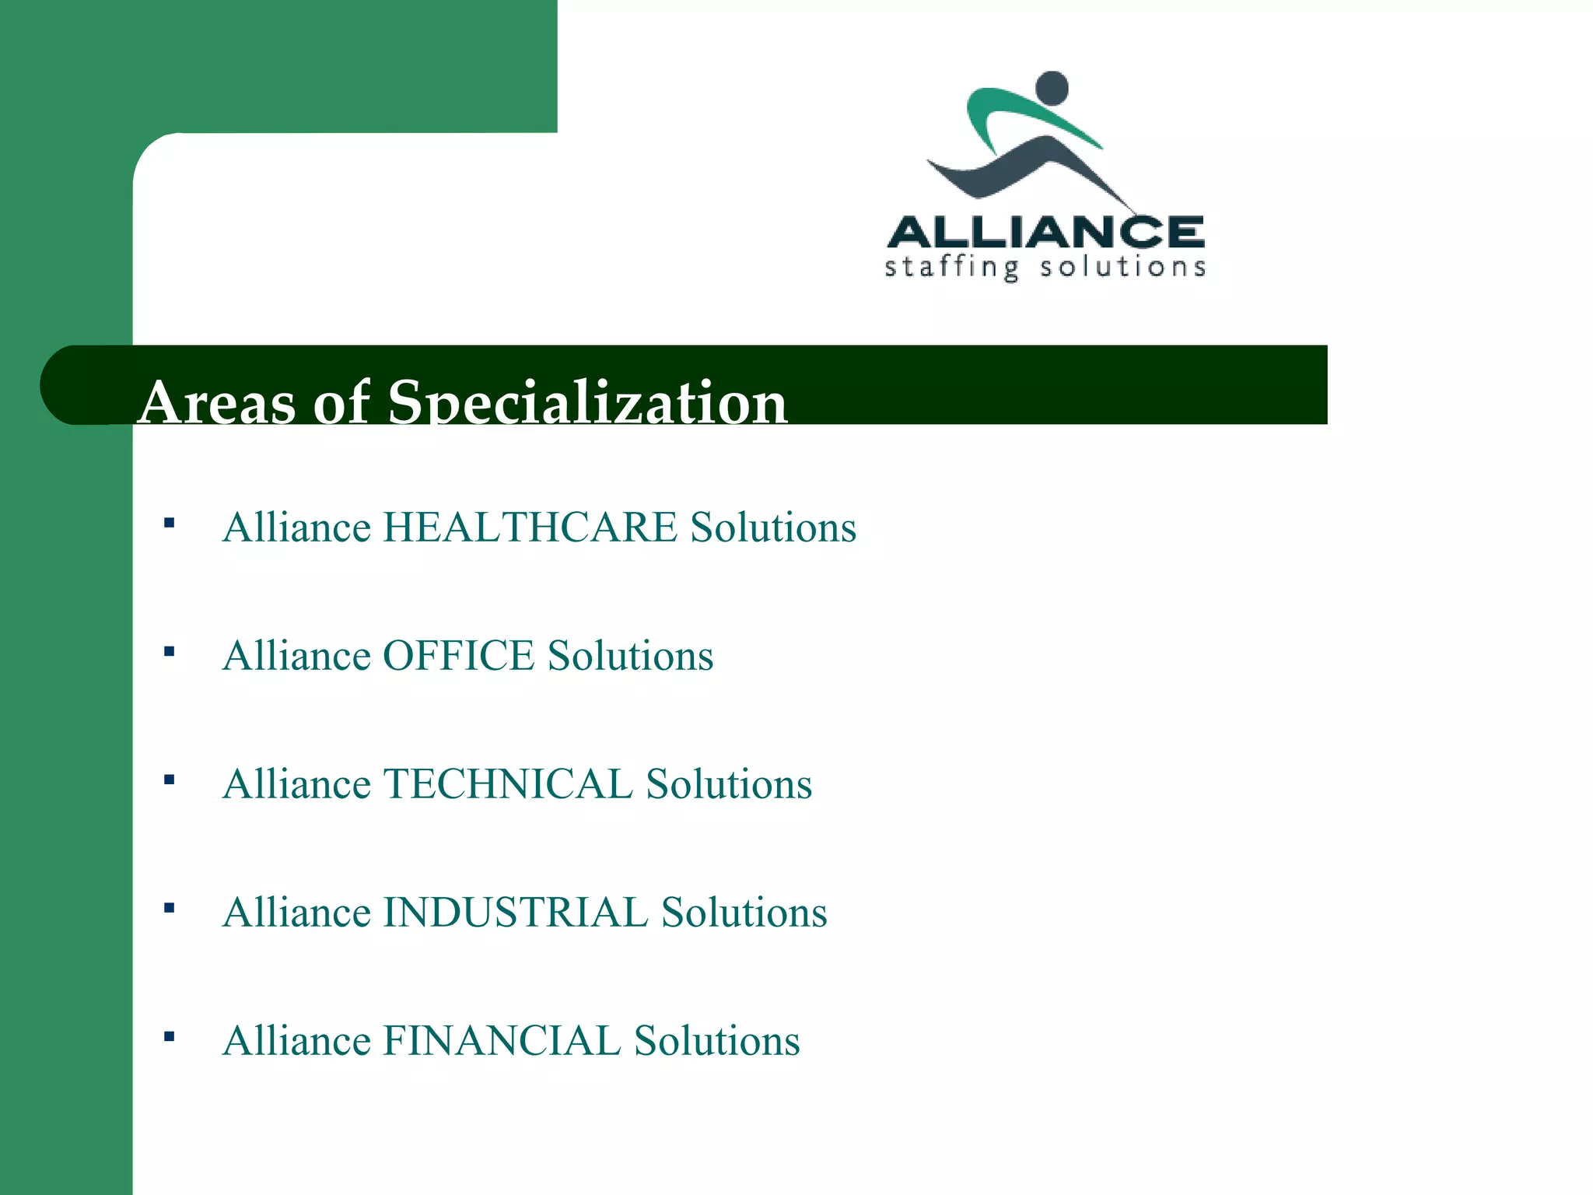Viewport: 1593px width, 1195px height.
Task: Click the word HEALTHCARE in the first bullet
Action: tap(530, 527)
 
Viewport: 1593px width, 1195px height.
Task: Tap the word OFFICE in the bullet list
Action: tap(458, 656)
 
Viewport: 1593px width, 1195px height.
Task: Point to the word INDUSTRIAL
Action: tap(515, 913)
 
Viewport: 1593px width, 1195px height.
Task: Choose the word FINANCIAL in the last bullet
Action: tap(501, 1041)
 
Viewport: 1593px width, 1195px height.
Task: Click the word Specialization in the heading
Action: tap(587, 403)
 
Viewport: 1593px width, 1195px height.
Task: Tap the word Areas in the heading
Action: tap(218, 403)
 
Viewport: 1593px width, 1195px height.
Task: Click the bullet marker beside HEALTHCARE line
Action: tap(169, 523)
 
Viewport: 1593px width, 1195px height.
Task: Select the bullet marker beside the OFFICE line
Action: tap(169, 651)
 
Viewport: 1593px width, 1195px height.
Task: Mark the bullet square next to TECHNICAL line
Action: tap(169, 780)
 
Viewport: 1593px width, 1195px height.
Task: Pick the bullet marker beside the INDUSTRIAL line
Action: tap(169, 908)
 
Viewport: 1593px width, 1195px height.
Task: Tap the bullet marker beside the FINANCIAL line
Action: tap(169, 1036)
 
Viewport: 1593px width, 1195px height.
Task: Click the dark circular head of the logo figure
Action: tap(1053, 88)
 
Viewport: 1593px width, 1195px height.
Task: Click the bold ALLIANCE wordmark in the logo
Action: tap(1045, 232)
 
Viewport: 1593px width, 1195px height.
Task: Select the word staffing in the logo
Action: tap(951, 268)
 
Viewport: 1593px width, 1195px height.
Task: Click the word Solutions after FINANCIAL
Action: tap(716, 1041)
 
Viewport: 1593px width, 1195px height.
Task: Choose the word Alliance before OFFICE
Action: tap(296, 656)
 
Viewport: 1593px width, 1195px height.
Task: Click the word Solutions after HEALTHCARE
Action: tap(773, 527)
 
